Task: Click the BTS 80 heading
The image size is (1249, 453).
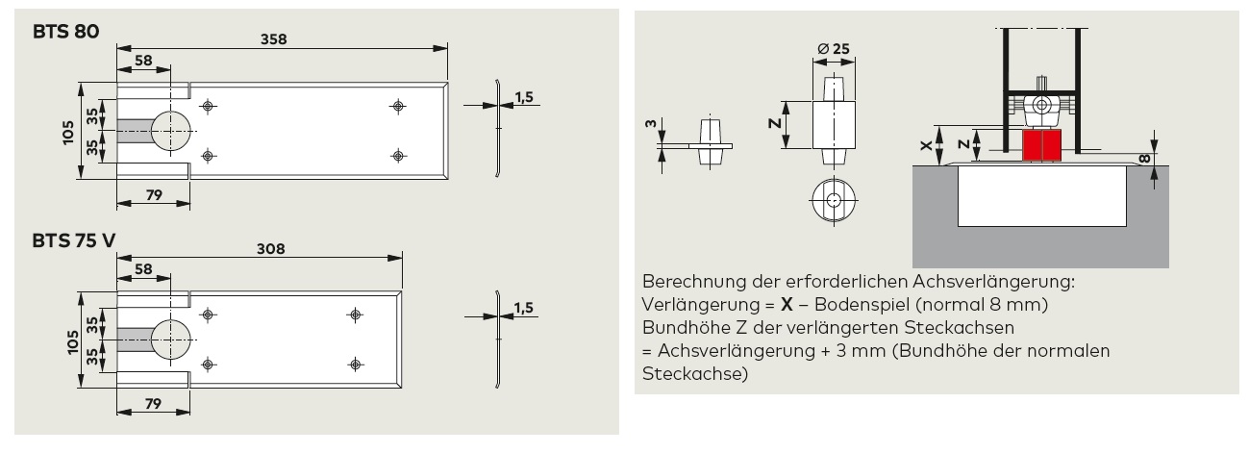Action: pos(65,31)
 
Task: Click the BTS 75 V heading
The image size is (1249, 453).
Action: pos(74,240)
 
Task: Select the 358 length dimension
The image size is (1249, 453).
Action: pos(273,39)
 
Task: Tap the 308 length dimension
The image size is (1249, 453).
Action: pos(270,248)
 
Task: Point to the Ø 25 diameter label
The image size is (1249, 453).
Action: pos(834,49)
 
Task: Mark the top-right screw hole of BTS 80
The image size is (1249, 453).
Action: pos(398,106)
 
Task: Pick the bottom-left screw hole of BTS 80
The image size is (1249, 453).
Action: pos(208,156)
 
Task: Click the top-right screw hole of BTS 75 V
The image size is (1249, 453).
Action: pos(355,315)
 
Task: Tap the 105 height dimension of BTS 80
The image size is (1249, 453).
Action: pos(68,133)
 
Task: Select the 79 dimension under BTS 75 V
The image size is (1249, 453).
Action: pos(153,403)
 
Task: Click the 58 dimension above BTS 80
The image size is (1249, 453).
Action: pos(143,61)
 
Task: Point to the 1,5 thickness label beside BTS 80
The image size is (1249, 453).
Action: pos(524,97)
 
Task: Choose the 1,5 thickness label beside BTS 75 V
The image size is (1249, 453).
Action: pos(523,308)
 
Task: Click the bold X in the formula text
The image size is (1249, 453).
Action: pos(787,304)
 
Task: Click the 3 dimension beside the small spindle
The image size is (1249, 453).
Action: pos(651,123)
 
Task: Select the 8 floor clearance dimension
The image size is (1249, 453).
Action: pos(1143,160)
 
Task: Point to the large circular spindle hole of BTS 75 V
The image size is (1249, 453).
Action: pos(170,340)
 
